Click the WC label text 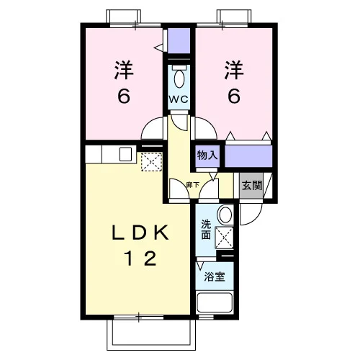click(x=178, y=99)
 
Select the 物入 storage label click(x=207, y=156)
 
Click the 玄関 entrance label click(x=251, y=186)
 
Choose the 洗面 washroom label click(x=206, y=230)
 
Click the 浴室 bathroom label click(x=215, y=276)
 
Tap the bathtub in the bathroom click(x=215, y=302)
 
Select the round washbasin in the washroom click(x=225, y=215)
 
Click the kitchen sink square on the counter click(x=125, y=154)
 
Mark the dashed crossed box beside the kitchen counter click(x=151, y=161)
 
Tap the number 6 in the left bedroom click(x=124, y=96)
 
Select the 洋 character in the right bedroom click(x=234, y=70)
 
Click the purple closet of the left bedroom click(x=179, y=40)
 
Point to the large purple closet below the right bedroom click(x=248, y=156)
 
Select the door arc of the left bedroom click(x=147, y=124)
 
